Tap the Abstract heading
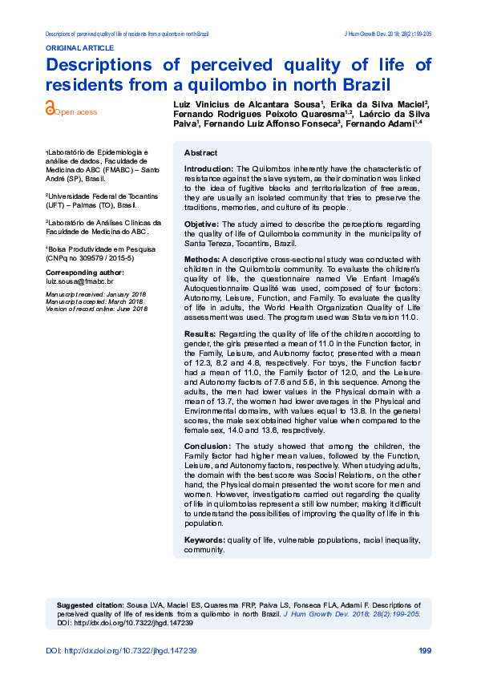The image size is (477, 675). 200,153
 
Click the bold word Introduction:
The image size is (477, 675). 208,169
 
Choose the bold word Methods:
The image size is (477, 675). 202,259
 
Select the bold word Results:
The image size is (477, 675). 200,333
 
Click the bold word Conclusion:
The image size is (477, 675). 207,446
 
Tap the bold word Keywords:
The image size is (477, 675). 204,540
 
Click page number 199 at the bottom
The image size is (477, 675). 425,650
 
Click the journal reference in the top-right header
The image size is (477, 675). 387,34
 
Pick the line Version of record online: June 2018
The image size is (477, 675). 96,309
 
